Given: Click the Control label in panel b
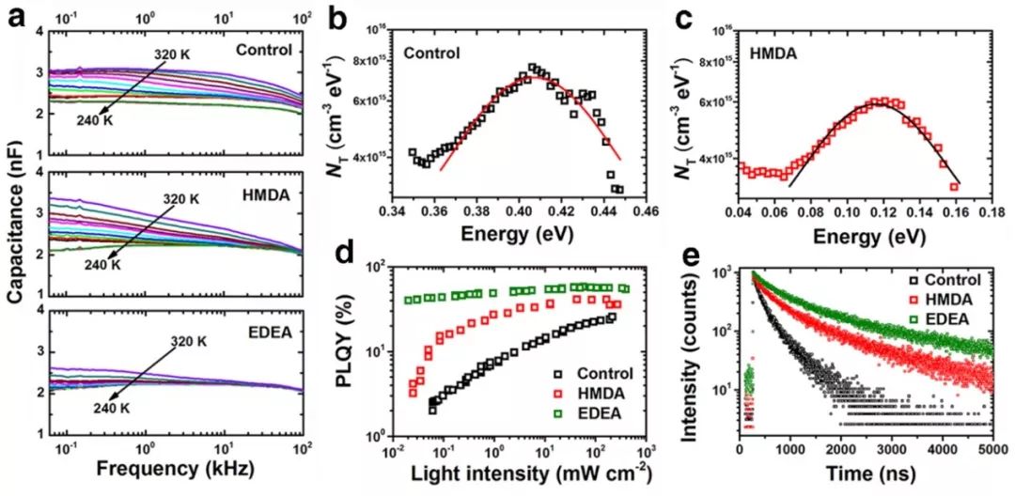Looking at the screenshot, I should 432,54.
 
